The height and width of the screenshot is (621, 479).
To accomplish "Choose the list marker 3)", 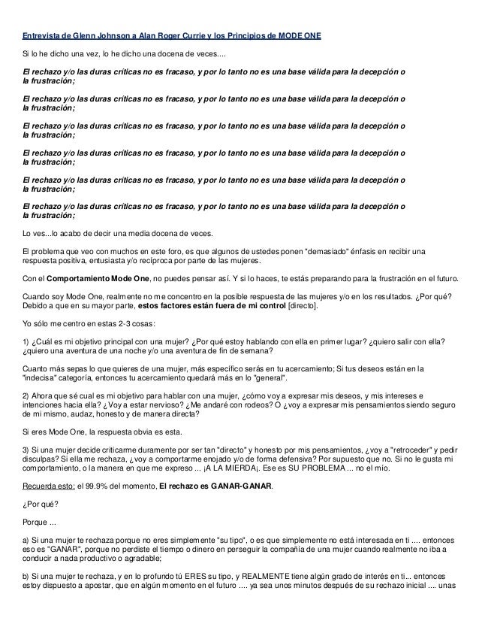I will coord(27,449).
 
